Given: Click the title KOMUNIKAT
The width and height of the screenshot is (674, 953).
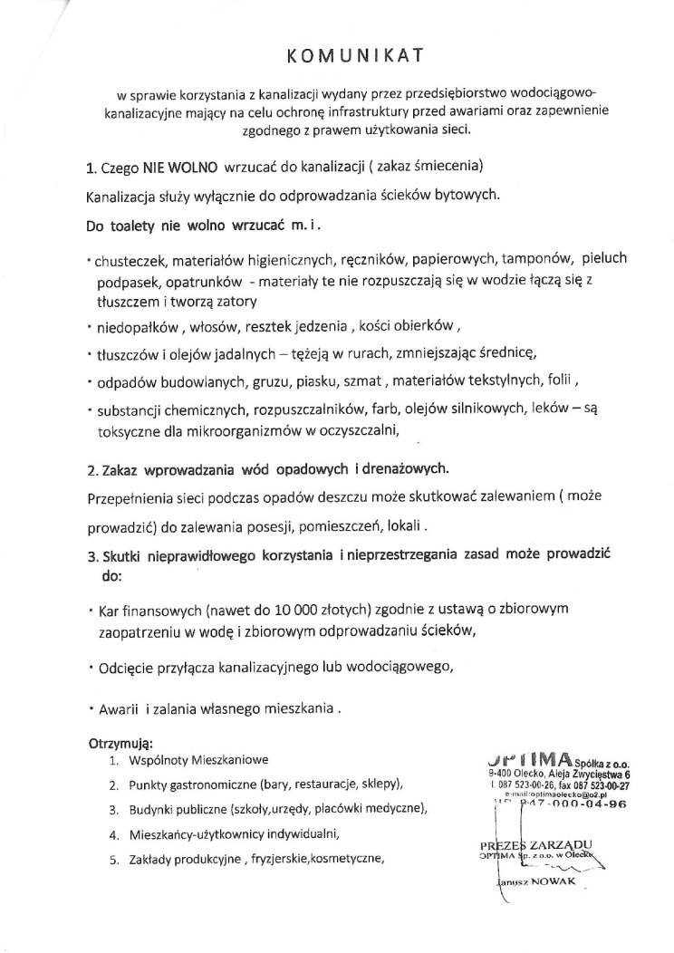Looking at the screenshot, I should [x=356, y=56].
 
